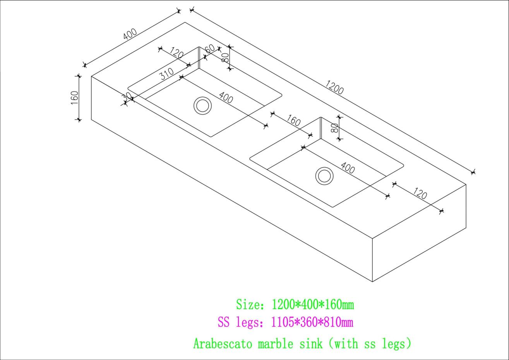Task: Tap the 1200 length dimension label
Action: (334, 87)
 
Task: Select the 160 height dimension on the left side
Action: (75, 98)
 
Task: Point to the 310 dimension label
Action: (166, 74)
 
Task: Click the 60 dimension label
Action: (210, 48)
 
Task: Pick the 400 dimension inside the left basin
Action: (226, 98)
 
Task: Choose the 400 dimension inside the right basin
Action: (348, 168)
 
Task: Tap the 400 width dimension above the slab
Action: (130, 34)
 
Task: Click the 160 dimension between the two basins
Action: (293, 120)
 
